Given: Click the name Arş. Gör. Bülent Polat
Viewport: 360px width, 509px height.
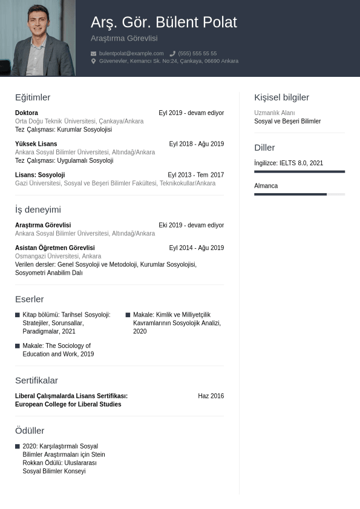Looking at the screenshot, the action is (x=163, y=22).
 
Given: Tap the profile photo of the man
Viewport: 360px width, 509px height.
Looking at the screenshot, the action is (x=38, y=38).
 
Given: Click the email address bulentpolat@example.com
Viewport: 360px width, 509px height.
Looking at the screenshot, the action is (x=131, y=53).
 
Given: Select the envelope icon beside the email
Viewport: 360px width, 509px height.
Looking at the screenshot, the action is (x=94, y=53).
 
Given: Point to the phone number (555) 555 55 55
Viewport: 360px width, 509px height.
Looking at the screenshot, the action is (x=197, y=53).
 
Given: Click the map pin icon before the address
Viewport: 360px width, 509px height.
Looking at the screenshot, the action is (x=94, y=61).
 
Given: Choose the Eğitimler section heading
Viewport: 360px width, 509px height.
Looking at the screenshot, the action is (x=33, y=97).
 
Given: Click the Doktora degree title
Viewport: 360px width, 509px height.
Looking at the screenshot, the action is (x=27, y=113).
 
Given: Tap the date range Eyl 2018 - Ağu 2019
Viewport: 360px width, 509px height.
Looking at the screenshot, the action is (x=196, y=144).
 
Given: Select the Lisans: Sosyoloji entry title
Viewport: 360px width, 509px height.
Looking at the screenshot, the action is (x=40, y=175).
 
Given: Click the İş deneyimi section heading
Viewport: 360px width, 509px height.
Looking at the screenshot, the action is (x=38, y=209).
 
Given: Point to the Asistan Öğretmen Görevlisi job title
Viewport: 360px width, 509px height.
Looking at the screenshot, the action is (x=55, y=248).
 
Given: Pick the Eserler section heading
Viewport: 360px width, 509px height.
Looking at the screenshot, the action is (x=30, y=299).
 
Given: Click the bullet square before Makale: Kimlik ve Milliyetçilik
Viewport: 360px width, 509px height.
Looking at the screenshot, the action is (x=128, y=315).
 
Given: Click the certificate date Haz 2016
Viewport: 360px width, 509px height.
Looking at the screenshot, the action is (x=211, y=396).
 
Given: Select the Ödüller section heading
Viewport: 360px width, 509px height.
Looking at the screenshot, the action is (x=30, y=430).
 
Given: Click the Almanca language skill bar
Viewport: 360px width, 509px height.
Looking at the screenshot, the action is (x=299, y=194).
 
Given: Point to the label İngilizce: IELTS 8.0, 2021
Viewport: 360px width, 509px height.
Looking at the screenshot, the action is (x=289, y=163).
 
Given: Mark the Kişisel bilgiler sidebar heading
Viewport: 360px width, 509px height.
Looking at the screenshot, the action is (x=281, y=97).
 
